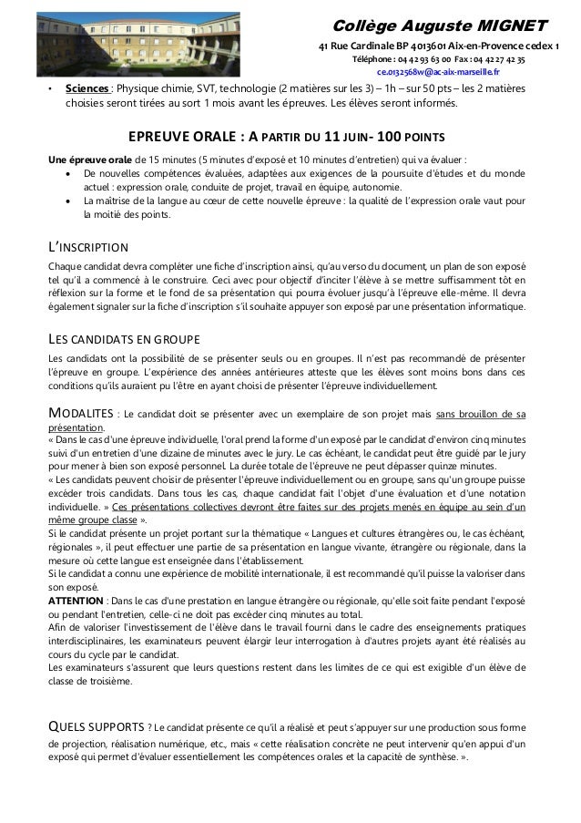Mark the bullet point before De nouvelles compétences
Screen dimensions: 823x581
[x=70, y=172]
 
